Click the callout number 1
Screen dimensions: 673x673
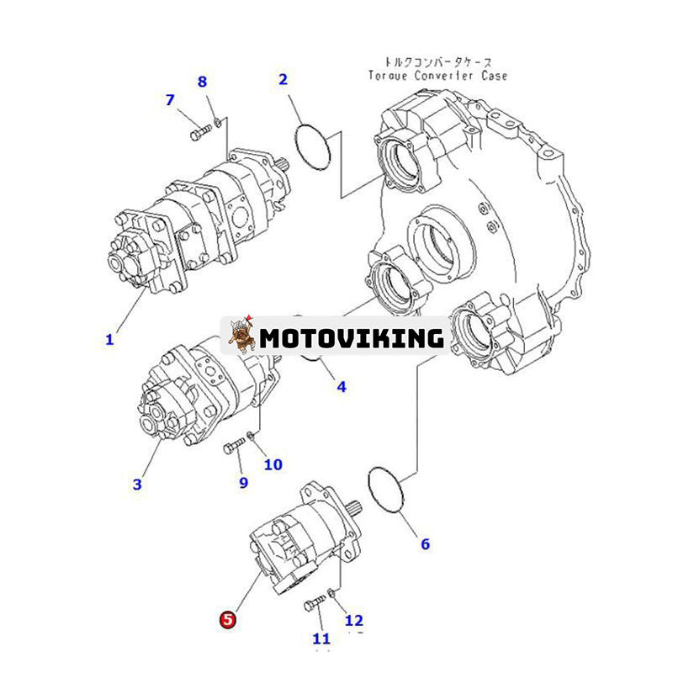click(x=109, y=340)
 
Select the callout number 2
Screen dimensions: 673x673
click(x=284, y=80)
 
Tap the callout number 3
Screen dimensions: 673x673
click(x=137, y=484)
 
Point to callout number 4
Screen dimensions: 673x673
click(x=342, y=387)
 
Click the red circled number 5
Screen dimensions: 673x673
click(x=228, y=620)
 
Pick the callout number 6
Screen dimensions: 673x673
click(x=425, y=544)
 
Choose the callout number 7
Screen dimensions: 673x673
click(x=170, y=100)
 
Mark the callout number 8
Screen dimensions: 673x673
click(x=202, y=82)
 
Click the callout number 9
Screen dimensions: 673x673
click(x=243, y=482)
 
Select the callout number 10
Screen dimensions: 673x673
click(x=273, y=464)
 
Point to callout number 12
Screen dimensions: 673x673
click(x=354, y=621)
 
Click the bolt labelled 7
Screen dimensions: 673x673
click(x=199, y=133)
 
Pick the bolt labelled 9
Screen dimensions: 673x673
click(x=233, y=448)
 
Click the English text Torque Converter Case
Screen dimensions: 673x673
click(x=437, y=76)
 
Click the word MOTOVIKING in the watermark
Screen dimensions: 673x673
click(x=352, y=338)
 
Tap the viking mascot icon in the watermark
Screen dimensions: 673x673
click(x=240, y=336)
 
